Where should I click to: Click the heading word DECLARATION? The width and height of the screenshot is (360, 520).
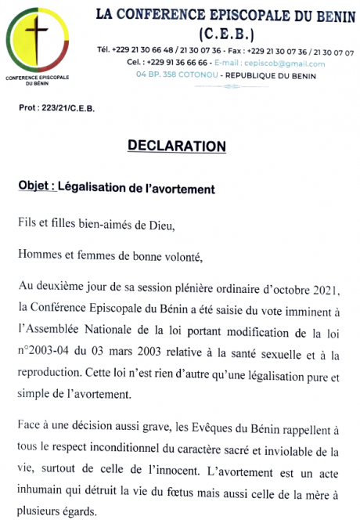(176, 146)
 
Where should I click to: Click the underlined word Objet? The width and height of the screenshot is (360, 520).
(35, 189)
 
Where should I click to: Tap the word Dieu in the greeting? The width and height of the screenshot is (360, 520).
(152, 226)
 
